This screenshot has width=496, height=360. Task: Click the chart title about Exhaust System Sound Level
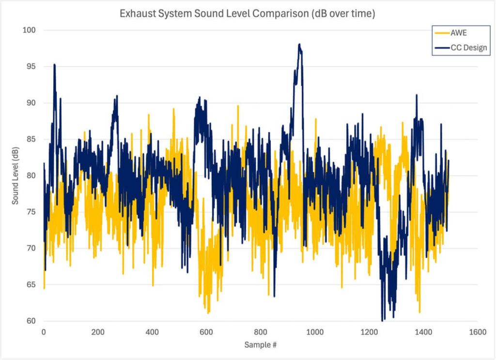247,14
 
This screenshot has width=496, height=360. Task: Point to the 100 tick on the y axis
32,30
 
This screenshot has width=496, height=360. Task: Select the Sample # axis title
261,345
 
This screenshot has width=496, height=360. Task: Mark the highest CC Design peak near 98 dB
299,45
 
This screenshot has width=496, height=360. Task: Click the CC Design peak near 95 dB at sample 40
54,64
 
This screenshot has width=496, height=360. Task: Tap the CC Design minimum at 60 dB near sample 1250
383,320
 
